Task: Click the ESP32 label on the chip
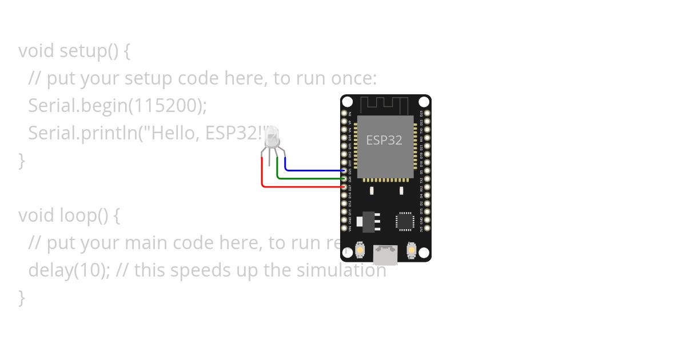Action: click(384, 140)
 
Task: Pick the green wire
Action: click(309, 178)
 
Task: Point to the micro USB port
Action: click(386, 254)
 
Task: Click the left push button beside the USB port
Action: click(361, 250)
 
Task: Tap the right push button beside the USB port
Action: click(411, 250)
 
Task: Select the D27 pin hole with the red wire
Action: click(344, 187)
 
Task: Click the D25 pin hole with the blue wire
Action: click(344, 170)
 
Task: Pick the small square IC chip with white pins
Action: click(405, 221)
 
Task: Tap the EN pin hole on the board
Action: click(344, 113)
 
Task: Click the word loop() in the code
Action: click(83, 215)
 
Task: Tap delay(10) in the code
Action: click(69, 270)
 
